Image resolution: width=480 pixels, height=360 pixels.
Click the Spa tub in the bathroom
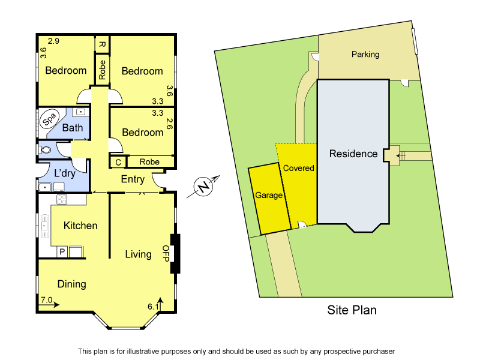point(50,119)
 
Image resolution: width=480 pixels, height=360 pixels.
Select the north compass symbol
point(205,187)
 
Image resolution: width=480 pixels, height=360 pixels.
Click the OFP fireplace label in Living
point(166,254)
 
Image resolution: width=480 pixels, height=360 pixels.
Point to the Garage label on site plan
point(269,196)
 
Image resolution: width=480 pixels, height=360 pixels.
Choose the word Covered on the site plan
point(298,168)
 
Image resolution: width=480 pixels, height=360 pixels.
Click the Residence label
point(353,154)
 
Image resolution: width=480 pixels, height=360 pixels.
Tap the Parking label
point(365,55)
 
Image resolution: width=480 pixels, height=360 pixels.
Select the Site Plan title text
point(352,310)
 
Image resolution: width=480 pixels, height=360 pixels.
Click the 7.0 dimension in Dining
point(47,299)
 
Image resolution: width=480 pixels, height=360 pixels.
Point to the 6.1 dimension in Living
point(154,306)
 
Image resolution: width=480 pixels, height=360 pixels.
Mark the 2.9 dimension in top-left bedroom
point(54,41)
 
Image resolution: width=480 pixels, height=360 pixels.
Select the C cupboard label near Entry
point(118,162)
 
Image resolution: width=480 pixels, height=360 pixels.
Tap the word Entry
point(133,179)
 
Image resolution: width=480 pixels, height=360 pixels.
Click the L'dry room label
point(64,173)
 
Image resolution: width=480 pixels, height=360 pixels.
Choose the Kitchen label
point(80,226)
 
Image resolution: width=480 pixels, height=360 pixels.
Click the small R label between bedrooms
point(102,44)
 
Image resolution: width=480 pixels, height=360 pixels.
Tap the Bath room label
point(73,128)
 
